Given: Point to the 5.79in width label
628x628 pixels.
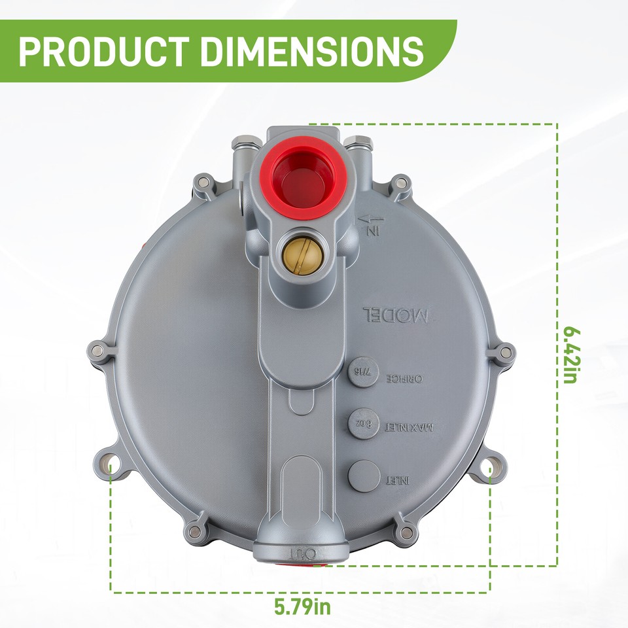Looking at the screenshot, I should click(x=303, y=606).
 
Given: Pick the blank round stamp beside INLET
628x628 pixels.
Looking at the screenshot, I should click(x=364, y=475).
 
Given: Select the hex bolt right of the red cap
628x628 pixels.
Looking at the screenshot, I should click(x=359, y=142).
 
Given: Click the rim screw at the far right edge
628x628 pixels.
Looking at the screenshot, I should click(x=504, y=353).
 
